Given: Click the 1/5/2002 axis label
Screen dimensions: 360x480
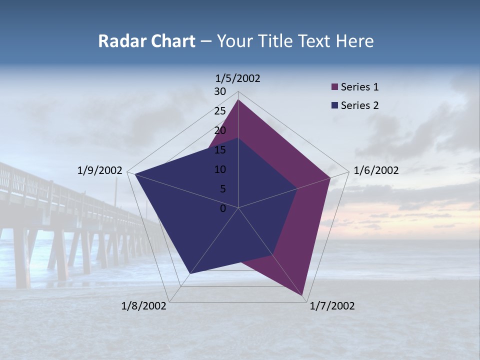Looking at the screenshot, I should click(237, 78).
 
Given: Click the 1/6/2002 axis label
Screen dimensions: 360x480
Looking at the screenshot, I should click(376, 170).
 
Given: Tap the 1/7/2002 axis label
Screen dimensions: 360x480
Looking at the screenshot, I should click(332, 306).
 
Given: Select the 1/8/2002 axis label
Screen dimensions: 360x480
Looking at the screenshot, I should click(144, 306).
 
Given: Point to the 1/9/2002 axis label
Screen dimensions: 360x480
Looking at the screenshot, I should click(99, 170).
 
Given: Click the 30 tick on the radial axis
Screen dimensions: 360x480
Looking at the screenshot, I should click(220, 91).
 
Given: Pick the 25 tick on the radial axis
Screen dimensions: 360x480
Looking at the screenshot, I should click(220, 111).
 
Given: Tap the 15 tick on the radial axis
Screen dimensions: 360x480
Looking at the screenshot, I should click(220, 150).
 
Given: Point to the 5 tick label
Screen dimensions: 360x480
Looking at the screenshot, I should click(223, 189).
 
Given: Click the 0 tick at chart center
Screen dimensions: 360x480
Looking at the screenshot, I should click(223, 208).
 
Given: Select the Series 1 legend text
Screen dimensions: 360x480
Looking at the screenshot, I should click(359, 87).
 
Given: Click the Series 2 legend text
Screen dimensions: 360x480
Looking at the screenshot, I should click(359, 105).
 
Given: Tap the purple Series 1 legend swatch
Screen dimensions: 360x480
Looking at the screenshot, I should click(334, 87).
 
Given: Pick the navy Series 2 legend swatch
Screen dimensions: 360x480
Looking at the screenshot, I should click(334, 105).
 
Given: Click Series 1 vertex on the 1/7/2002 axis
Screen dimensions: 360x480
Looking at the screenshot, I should click(302, 295).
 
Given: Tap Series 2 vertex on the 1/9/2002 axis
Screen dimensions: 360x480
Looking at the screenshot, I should click(134, 174).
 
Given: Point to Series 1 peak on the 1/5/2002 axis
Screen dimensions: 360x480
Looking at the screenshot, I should click(238, 99).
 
